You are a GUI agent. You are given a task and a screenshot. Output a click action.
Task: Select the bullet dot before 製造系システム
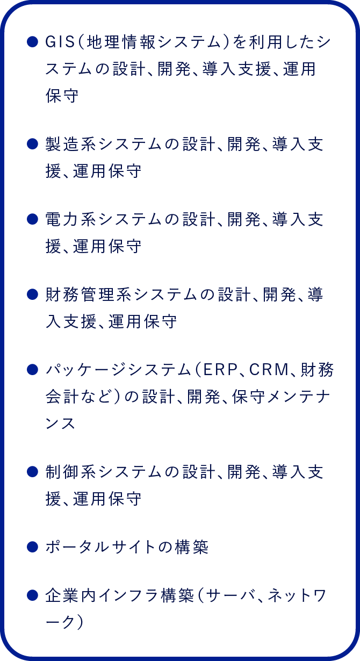pos(32,144)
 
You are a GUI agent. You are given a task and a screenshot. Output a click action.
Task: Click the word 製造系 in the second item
pos(71,144)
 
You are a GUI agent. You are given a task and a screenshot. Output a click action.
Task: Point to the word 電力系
pos(71,220)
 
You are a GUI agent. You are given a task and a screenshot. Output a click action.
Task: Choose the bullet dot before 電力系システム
pos(32,220)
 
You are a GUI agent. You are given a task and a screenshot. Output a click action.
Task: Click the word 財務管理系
pos(89,295)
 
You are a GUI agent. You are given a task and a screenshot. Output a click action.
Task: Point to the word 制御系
pos(71,472)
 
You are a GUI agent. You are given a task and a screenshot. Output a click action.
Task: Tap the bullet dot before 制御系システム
pos(32,472)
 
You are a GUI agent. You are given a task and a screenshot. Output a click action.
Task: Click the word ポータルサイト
pos(100,547)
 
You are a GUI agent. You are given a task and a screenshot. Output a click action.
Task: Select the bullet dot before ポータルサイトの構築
pos(32,547)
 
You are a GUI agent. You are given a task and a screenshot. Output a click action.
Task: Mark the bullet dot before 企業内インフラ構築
pos(32,595)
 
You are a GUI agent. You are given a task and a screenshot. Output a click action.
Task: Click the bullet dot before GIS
pos(32,42)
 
